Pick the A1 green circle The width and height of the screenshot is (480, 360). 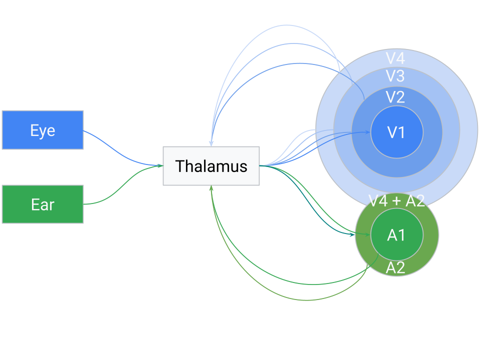(x=396, y=235)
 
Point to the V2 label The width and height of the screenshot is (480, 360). (x=395, y=97)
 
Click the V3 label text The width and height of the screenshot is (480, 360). (x=395, y=76)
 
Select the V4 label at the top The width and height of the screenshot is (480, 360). (x=395, y=58)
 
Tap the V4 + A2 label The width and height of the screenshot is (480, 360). (x=396, y=201)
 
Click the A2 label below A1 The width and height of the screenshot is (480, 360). (x=395, y=268)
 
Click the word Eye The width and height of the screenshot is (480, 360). (x=42, y=130)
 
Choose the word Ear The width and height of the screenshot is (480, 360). (x=42, y=204)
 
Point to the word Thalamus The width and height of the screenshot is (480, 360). (x=211, y=166)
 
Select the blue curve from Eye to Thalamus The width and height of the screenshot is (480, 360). (x=120, y=149)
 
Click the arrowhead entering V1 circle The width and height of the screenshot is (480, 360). (x=367, y=132)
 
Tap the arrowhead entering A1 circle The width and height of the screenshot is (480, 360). (x=367, y=234)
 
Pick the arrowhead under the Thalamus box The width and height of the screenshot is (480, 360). (x=211, y=188)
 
